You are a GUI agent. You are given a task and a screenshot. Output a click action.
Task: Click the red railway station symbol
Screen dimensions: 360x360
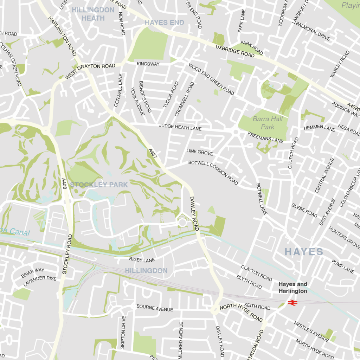tap(291, 302)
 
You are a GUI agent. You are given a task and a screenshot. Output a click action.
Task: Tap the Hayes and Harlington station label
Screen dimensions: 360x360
tap(292, 288)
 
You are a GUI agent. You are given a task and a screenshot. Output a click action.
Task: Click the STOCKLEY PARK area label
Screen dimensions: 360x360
tap(99, 185)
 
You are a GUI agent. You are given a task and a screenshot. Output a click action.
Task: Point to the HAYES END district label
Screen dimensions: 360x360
tap(164, 23)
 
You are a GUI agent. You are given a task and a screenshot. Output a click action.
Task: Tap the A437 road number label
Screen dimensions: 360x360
tap(153, 155)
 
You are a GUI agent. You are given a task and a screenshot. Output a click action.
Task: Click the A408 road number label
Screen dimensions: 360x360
tap(64, 184)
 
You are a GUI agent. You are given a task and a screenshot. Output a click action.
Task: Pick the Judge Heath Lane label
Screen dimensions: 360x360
tap(180, 127)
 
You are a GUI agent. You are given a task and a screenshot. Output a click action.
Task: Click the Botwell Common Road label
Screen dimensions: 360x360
tap(213, 172)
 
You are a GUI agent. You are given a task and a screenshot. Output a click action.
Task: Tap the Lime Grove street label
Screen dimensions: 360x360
tap(200, 152)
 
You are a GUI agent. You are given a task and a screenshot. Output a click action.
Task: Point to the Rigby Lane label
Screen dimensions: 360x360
tap(142, 260)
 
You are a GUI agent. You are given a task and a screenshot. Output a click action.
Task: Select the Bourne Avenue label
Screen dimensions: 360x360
tap(155, 308)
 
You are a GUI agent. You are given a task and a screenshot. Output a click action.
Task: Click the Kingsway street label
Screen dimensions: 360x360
tap(148, 64)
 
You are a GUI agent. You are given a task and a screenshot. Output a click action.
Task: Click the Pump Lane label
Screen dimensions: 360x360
tap(343, 266)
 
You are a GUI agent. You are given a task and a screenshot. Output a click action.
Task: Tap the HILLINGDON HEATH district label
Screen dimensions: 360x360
tap(93, 14)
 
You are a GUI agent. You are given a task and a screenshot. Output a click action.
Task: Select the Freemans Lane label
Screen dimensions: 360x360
tap(265, 137)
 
